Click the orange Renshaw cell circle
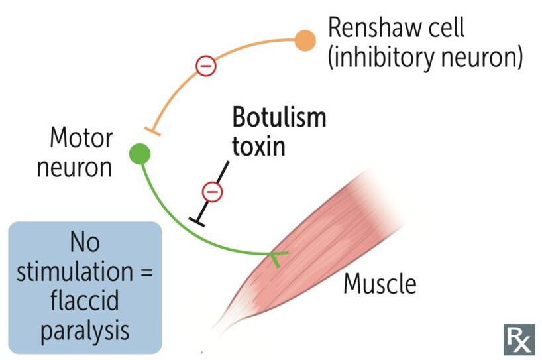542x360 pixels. coord(305,40)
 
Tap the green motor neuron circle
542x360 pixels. coord(140,154)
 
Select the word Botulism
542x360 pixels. coord(278,118)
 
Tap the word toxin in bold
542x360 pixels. coord(258,145)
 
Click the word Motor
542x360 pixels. coord(81,139)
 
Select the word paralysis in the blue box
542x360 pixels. coord(84,330)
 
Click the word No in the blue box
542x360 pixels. coord(84,243)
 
